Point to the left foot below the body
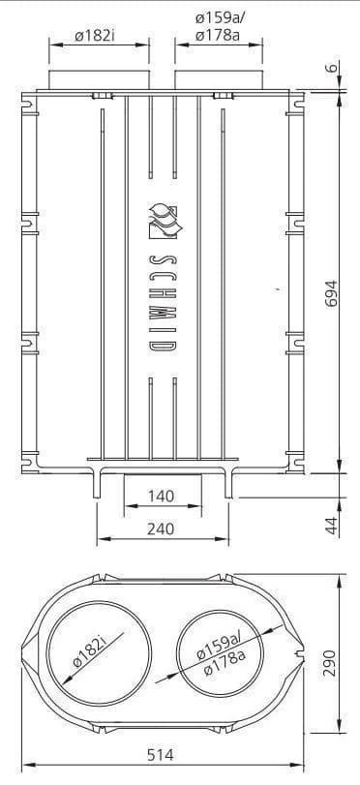click(100, 481)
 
